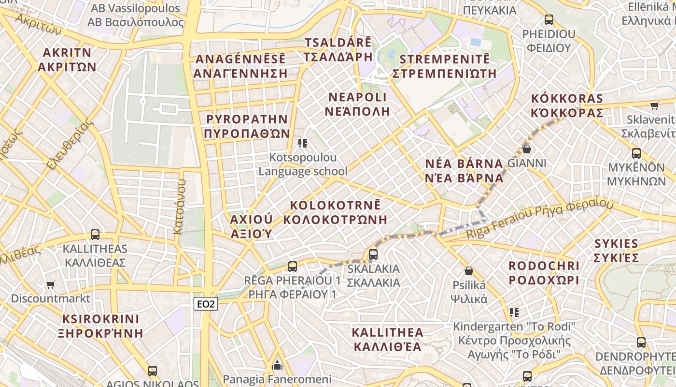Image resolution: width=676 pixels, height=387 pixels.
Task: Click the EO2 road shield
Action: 206,304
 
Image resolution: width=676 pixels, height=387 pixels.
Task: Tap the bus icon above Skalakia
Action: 373,254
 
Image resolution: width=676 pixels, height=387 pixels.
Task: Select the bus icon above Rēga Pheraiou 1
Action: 292,266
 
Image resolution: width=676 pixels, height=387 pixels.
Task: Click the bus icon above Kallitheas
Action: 95,235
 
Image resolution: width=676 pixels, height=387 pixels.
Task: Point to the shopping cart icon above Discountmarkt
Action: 51,284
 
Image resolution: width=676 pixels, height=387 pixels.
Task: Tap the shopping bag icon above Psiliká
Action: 468,271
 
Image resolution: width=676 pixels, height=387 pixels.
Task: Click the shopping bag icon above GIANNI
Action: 527,149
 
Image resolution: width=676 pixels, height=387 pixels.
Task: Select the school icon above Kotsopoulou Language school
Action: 303,143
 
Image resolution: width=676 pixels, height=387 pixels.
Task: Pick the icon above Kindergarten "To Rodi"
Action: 514,313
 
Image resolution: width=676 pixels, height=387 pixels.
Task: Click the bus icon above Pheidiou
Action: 549,20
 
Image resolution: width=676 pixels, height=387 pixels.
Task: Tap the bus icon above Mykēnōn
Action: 636,153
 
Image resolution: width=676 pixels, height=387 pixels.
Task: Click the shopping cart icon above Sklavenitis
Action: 654,105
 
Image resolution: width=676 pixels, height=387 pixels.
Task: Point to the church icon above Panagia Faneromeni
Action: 277,365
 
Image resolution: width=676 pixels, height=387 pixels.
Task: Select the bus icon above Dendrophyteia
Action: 641,342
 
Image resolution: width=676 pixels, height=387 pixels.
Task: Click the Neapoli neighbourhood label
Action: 357,104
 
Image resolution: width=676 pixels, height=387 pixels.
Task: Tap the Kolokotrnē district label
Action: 336,212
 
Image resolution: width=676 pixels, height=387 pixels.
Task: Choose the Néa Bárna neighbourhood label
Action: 465,170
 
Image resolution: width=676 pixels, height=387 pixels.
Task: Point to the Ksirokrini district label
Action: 101,326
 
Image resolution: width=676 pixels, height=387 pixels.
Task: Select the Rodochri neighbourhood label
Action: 544,273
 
